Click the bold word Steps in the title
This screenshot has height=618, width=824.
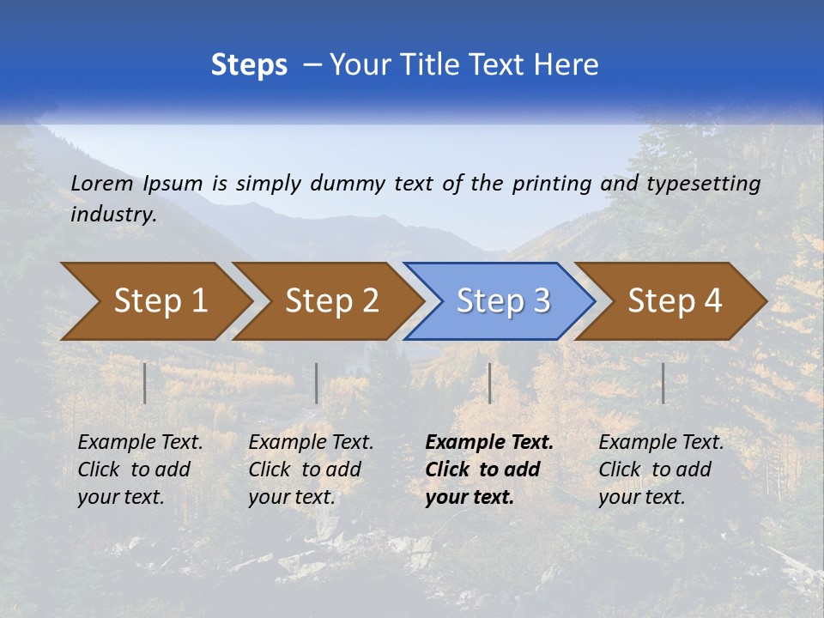[249, 65]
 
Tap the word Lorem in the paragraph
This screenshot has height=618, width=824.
[102, 183]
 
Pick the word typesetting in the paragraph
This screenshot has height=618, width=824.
[703, 184]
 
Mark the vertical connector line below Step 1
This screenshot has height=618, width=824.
[145, 383]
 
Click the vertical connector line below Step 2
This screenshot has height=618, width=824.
[317, 383]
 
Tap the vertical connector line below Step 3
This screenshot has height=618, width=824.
[489, 383]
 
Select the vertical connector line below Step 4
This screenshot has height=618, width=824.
[663, 383]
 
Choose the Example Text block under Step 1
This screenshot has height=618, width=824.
[140, 470]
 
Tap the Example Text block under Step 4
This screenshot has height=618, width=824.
[661, 470]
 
